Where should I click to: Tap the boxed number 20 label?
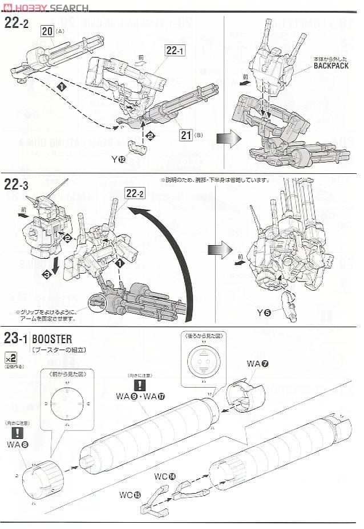coord(47,31)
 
